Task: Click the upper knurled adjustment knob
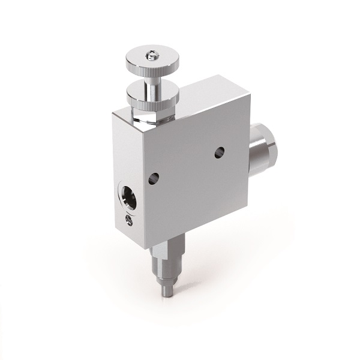click(x=148, y=61)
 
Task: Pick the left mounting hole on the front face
click(x=154, y=177)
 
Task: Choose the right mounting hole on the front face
click(x=220, y=154)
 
